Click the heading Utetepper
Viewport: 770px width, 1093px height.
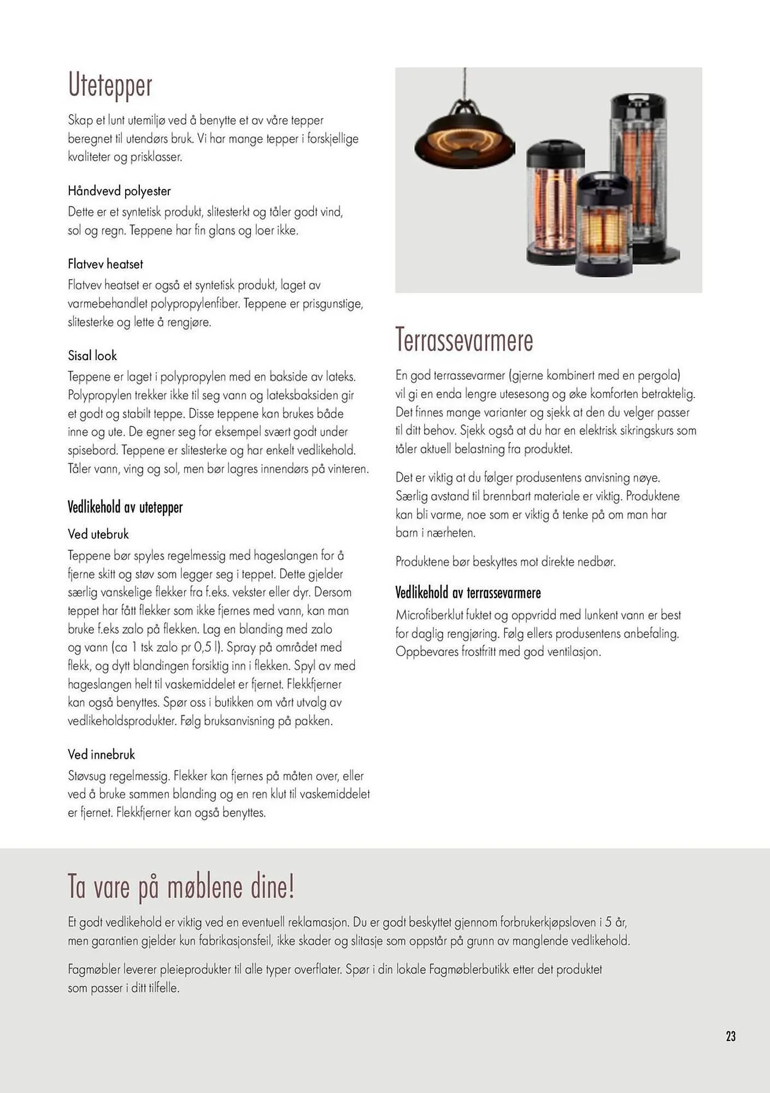click(110, 86)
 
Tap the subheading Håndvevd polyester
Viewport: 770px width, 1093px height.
click(119, 191)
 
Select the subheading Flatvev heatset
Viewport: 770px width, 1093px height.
click(105, 265)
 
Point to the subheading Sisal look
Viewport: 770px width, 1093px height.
click(92, 356)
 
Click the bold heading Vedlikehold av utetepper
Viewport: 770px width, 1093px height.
click(125, 508)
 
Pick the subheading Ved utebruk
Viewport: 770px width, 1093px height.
click(98, 534)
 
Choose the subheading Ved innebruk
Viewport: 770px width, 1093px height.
click(101, 755)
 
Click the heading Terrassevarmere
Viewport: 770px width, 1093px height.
click(464, 340)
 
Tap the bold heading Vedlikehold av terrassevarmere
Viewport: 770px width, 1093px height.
click(468, 593)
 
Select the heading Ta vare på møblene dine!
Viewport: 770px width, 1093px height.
click(181, 886)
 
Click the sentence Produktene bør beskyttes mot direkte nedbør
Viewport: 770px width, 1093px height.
click(506, 562)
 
